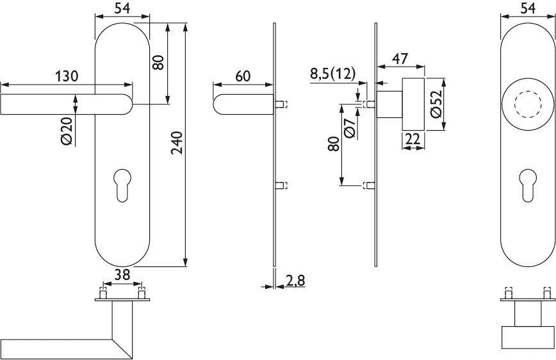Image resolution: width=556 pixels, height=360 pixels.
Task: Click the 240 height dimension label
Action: point(177,143)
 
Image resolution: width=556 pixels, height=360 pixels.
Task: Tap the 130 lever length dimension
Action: point(67,76)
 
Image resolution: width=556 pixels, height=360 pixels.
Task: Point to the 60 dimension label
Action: point(243,76)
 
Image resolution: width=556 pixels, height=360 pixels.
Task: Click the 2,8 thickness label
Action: point(295,281)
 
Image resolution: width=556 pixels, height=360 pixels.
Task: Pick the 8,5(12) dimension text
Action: point(332,74)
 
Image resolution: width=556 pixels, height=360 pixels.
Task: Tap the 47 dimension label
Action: point(400,58)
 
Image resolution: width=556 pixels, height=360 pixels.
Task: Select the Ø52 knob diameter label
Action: point(436,104)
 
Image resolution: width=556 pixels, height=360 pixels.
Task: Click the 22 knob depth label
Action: point(413,140)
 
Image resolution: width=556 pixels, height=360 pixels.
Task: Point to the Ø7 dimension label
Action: point(350,127)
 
